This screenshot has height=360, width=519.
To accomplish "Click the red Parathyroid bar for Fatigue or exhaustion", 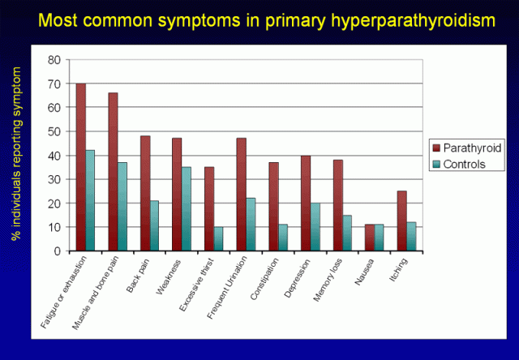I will (81, 167).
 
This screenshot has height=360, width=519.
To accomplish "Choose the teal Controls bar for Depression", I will (315, 227).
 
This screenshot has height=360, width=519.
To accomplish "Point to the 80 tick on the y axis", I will (56, 60).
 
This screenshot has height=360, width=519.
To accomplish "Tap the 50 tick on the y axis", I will (56, 131).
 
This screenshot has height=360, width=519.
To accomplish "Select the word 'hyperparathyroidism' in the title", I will (407, 18).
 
